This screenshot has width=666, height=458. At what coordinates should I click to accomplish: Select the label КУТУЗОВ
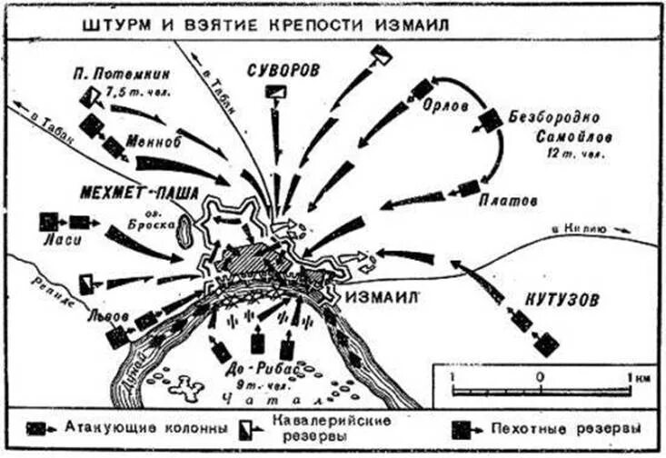pos(563,300)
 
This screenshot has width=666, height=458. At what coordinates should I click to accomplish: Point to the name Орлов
pos(446,107)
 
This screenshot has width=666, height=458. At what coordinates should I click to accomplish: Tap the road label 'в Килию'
pos(573,233)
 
